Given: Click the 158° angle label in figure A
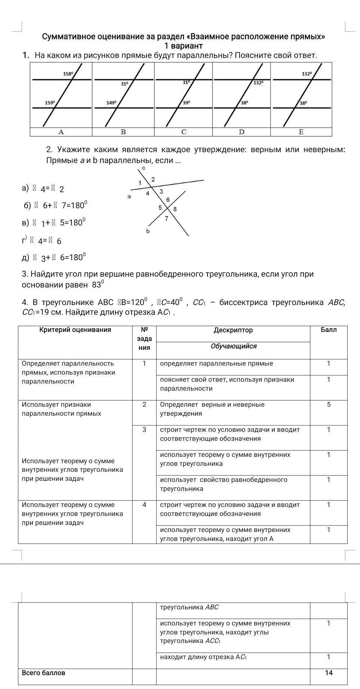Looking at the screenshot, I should tap(68, 74).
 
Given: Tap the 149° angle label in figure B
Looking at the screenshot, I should tap(111, 102).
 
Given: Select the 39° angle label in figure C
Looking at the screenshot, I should tap(186, 102).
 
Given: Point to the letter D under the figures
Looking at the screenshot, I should tap(241, 132).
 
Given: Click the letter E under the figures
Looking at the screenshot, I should tap(301, 132).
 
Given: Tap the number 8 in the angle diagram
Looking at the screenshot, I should tap(175, 209).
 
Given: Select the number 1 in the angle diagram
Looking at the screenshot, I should tap(140, 183).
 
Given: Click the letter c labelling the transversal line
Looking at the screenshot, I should tap(144, 168).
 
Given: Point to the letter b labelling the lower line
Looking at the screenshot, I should tap(148, 231).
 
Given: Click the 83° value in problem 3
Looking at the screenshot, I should tap(97, 284).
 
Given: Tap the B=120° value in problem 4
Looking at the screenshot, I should tap(133, 302).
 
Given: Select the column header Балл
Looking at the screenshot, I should tap(329, 330).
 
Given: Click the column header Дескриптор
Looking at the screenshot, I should tap(233, 330).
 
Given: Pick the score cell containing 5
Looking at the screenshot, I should tap(329, 405).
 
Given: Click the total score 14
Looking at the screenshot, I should tap(329, 673).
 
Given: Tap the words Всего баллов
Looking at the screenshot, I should tap(43, 673).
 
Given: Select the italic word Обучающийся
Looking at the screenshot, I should tap(234, 346).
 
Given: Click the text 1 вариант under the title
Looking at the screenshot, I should tap(184, 46).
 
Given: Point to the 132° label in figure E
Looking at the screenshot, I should tap(307, 74).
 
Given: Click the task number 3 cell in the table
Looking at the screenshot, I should tap(144, 430).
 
